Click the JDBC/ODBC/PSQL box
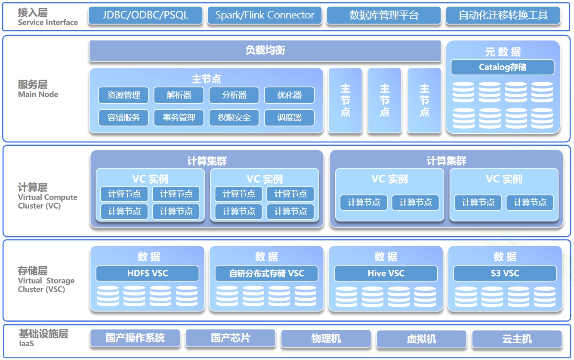(145, 15)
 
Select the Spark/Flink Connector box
(265, 15)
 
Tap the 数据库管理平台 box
(384, 15)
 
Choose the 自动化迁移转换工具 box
(503, 15)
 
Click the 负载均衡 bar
(265, 51)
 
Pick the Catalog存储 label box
(503, 68)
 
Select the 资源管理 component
(123, 95)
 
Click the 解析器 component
(179, 95)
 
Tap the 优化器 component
(289, 95)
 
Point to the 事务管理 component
(179, 117)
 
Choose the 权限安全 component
(234, 117)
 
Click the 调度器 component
(289, 117)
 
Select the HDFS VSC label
(147, 273)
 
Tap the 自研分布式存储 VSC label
(266, 273)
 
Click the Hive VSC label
(386, 273)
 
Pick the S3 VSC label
(505, 273)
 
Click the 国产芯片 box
(230, 338)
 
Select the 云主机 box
(517, 339)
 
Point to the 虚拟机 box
(421, 339)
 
